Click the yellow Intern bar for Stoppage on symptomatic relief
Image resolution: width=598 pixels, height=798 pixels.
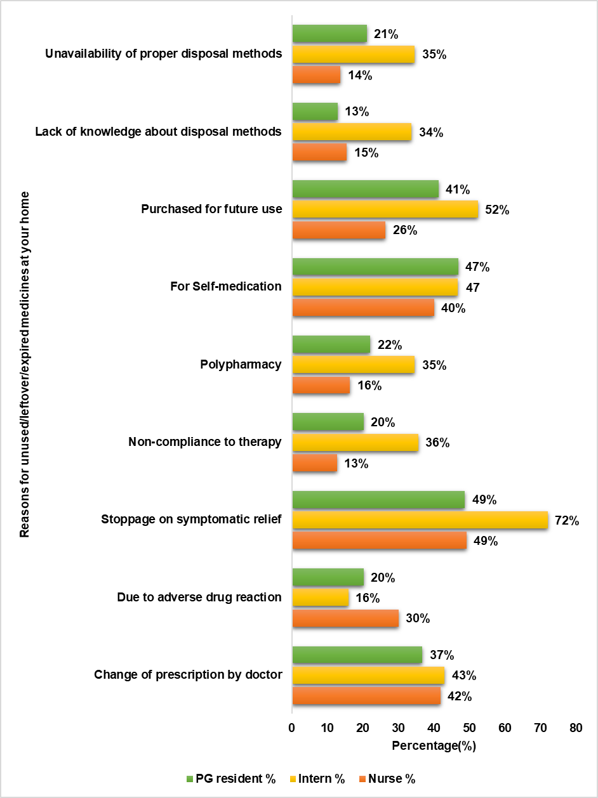420,520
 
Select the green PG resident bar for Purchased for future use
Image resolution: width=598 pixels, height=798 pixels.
366,189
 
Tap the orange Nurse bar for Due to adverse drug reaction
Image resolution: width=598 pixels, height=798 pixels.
345,618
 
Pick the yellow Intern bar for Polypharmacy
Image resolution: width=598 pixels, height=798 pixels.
354,365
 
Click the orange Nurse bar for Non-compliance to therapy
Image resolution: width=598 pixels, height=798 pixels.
315,463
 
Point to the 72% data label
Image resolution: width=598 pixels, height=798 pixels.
566,521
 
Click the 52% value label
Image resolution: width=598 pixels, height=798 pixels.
496,210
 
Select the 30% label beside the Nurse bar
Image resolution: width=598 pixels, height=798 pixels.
417,618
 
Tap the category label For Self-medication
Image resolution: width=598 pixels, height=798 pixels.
226,287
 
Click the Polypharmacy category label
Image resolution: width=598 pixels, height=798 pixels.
241,365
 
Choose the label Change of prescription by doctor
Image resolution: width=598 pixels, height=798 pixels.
188,674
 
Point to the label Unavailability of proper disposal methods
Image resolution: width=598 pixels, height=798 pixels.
164,53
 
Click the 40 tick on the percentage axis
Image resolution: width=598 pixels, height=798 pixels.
434,728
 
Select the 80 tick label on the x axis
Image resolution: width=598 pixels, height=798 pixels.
576,728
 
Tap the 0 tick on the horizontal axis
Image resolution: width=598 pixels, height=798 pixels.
292,728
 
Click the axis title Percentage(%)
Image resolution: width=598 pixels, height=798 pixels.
434,746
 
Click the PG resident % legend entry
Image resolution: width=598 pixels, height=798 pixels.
231,779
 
